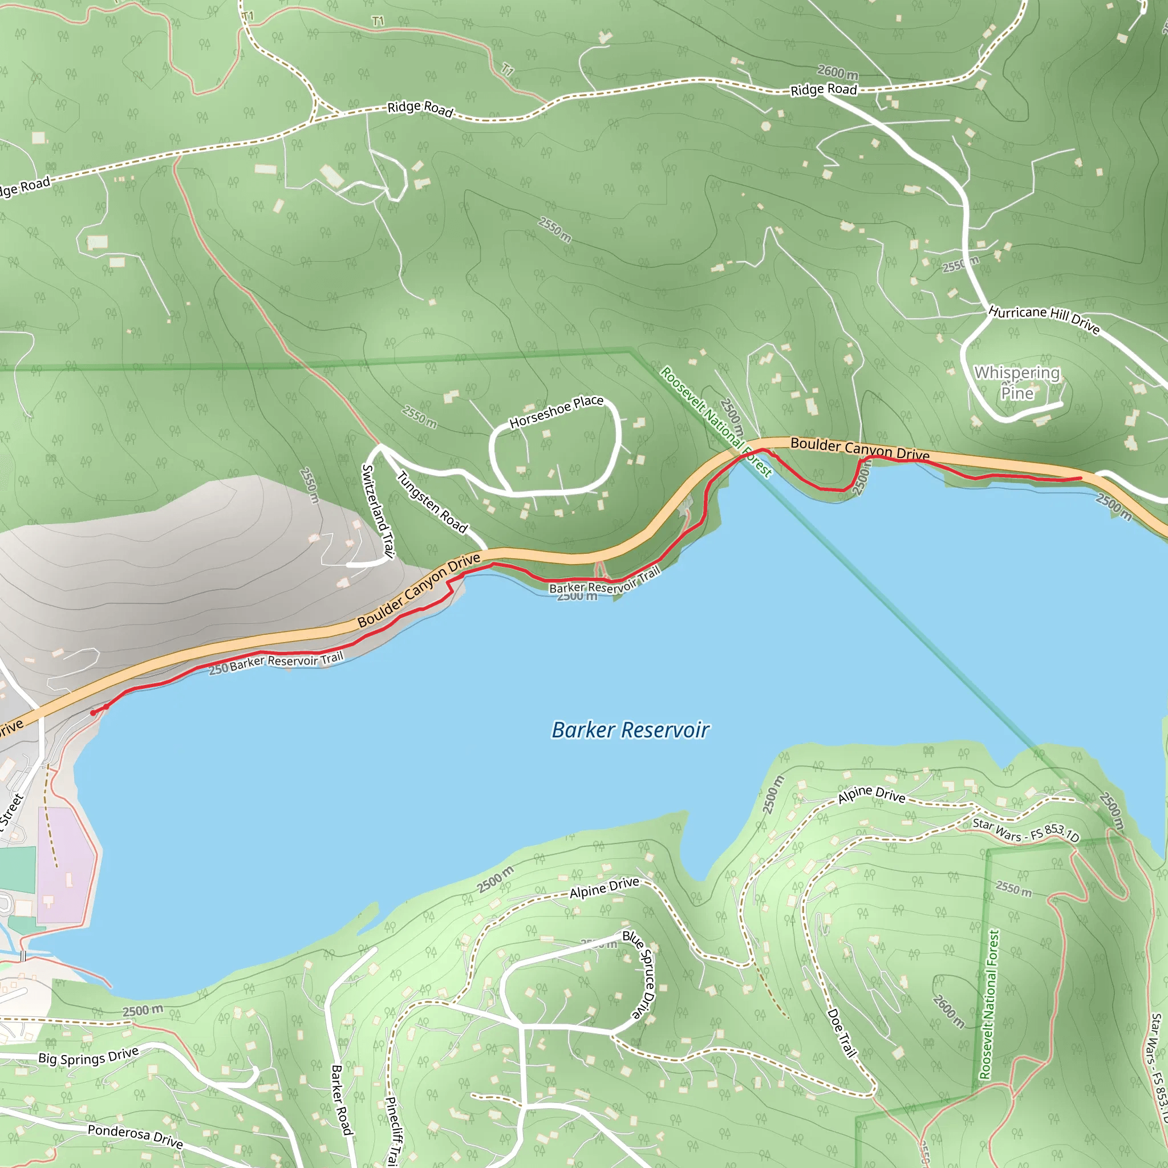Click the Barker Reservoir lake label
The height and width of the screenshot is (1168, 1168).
(x=631, y=729)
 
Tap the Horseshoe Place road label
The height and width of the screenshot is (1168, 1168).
(x=556, y=412)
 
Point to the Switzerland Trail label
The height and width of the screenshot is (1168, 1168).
(x=378, y=511)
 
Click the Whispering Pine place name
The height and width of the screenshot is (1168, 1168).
(x=1017, y=383)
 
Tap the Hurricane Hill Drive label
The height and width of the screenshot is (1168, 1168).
(x=1044, y=319)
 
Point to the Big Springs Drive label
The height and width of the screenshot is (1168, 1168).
(x=88, y=1056)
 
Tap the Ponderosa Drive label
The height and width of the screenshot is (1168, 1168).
(x=135, y=1136)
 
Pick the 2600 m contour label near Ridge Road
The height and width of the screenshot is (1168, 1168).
(x=838, y=72)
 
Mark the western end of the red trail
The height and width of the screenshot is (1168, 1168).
(x=92, y=713)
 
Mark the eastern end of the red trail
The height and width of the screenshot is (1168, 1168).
(x=1080, y=478)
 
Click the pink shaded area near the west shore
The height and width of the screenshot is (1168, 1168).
(x=65, y=865)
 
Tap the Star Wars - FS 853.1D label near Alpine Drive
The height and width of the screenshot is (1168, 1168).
(x=1025, y=830)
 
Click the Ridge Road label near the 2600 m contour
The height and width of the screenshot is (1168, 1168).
(x=824, y=90)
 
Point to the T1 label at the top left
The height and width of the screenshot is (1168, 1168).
(x=248, y=16)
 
